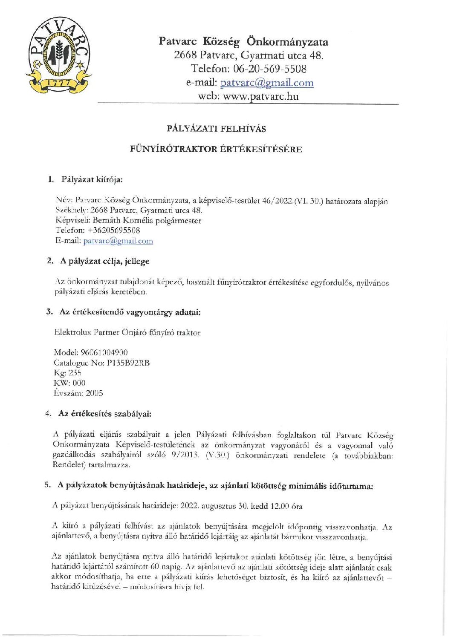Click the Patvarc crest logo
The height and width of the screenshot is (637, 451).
click(59, 55)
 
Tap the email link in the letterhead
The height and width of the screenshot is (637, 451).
click(267, 83)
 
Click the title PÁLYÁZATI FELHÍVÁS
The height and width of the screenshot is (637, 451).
click(216, 129)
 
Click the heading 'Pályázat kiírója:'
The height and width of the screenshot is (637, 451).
click(92, 179)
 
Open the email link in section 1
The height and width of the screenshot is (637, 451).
click(118, 241)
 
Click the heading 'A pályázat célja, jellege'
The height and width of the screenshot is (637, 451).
click(105, 261)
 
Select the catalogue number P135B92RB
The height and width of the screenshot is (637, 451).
click(128, 363)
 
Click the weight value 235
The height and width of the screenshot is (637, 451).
click(75, 373)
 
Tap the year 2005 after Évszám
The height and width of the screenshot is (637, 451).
click(94, 393)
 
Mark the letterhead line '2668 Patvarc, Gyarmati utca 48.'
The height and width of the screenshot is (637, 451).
click(249, 55)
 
